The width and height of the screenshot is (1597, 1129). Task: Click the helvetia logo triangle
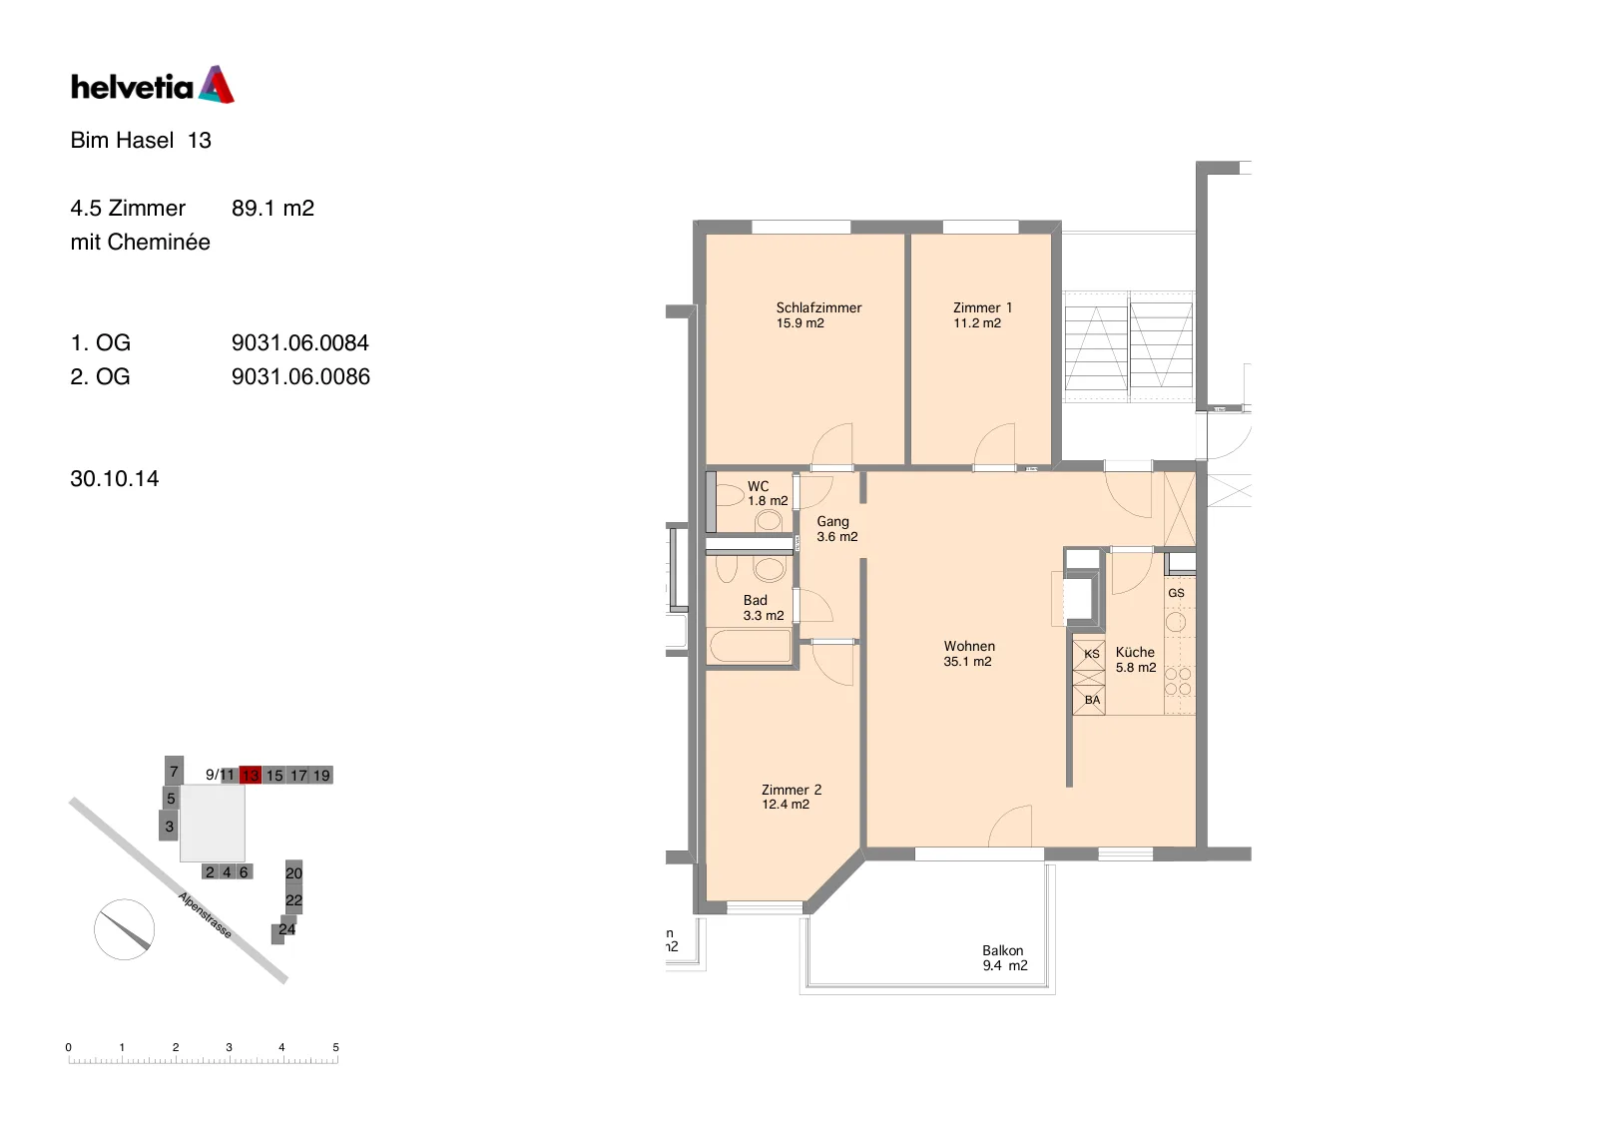pos(217,85)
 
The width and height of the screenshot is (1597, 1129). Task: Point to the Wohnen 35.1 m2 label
pos(969,653)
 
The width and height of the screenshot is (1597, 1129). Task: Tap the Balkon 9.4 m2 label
pos(1004,958)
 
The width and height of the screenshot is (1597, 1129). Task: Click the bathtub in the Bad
pos(750,646)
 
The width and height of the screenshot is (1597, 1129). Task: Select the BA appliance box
pos(1089,701)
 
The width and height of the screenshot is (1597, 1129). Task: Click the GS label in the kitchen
pos(1176,593)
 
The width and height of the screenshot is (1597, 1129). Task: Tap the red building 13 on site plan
pos(251,775)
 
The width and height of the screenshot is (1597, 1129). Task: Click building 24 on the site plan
pos(285,929)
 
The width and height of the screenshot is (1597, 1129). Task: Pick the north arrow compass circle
pos(124,929)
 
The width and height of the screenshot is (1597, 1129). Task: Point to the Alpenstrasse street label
pos(206,915)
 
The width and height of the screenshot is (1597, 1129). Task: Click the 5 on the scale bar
pos(335,1047)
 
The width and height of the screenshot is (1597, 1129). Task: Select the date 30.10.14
pos(115,478)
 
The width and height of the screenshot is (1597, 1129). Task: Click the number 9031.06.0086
pos(300,376)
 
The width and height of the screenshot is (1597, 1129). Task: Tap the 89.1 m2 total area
pos(273,209)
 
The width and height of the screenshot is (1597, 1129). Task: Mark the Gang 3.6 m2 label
pos(836,529)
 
